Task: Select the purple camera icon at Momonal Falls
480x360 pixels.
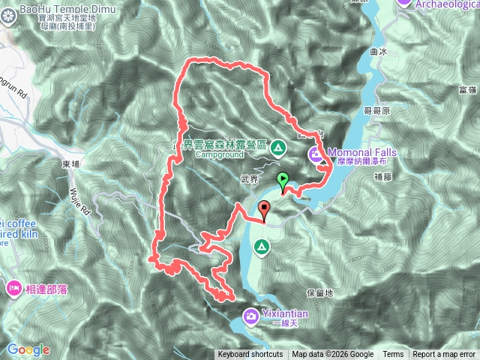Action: click(316, 155)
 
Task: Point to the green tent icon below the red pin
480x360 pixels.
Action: click(261, 247)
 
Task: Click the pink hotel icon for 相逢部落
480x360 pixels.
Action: click(13, 289)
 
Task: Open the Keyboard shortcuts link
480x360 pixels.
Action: click(250, 355)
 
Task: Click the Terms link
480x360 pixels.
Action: click(393, 355)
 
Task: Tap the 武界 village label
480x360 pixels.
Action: click(249, 178)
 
